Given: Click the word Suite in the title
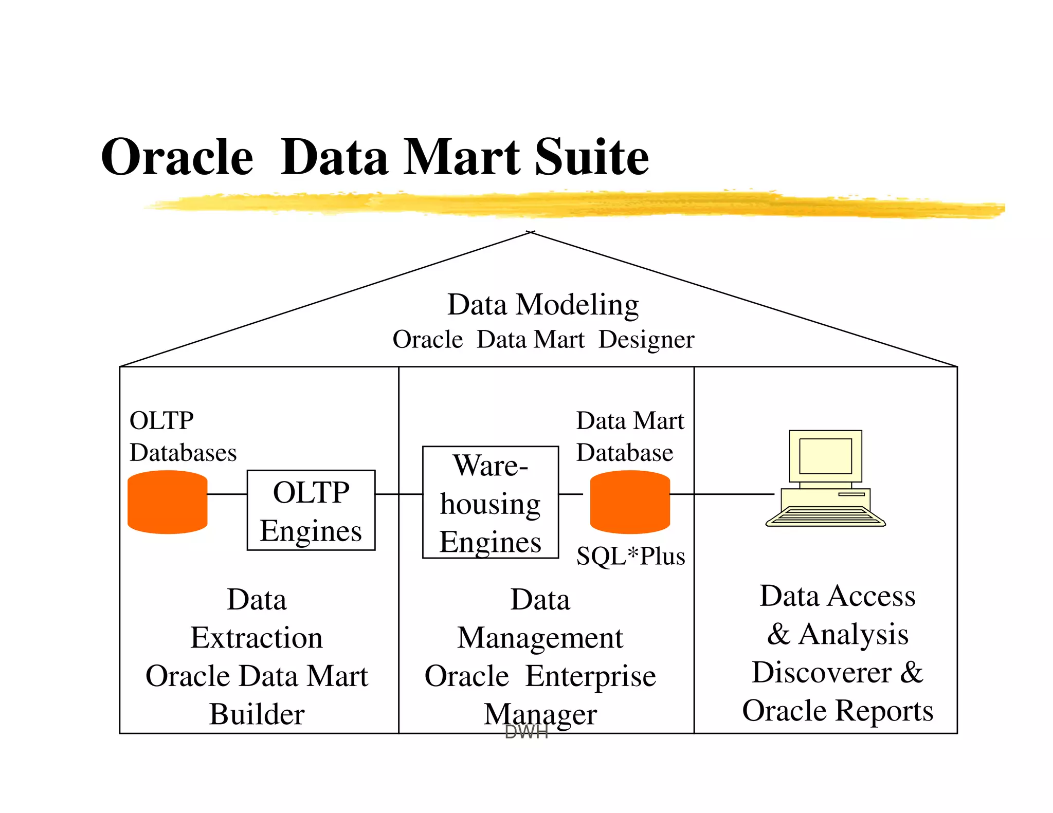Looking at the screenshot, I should pyautogui.click(x=591, y=157).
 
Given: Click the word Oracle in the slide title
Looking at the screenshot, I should pyautogui.click(x=177, y=157).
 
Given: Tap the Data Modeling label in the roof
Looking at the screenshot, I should pyautogui.click(x=543, y=304).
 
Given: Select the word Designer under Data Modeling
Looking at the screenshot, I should pyautogui.click(x=646, y=340).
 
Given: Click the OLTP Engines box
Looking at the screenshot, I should pyautogui.click(x=311, y=510).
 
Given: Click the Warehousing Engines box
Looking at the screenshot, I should pyautogui.click(x=490, y=503).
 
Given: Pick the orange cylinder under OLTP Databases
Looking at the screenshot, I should pyautogui.click(x=167, y=503).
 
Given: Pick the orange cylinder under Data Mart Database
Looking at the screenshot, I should pyautogui.click(x=630, y=503).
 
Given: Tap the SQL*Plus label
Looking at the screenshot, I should pyautogui.click(x=630, y=556).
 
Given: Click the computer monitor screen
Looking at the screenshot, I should pyautogui.click(x=825, y=456).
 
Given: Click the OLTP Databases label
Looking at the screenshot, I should pyautogui.click(x=183, y=437).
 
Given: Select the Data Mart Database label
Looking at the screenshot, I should pyautogui.click(x=629, y=437).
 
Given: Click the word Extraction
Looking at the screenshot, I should pyautogui.click(x=257, y=638).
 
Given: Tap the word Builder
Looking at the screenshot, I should pyautogui.click(x=257, y=714).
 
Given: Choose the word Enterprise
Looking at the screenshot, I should pyautogui.click(x=590, y=676).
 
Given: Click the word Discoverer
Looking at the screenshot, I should pyautogui.click(x=822, y=672).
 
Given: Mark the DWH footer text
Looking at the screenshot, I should pyautogui.click(x=526, y=732).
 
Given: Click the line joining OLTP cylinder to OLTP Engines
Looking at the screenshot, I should pyautogui.click(x=227, y=494).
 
